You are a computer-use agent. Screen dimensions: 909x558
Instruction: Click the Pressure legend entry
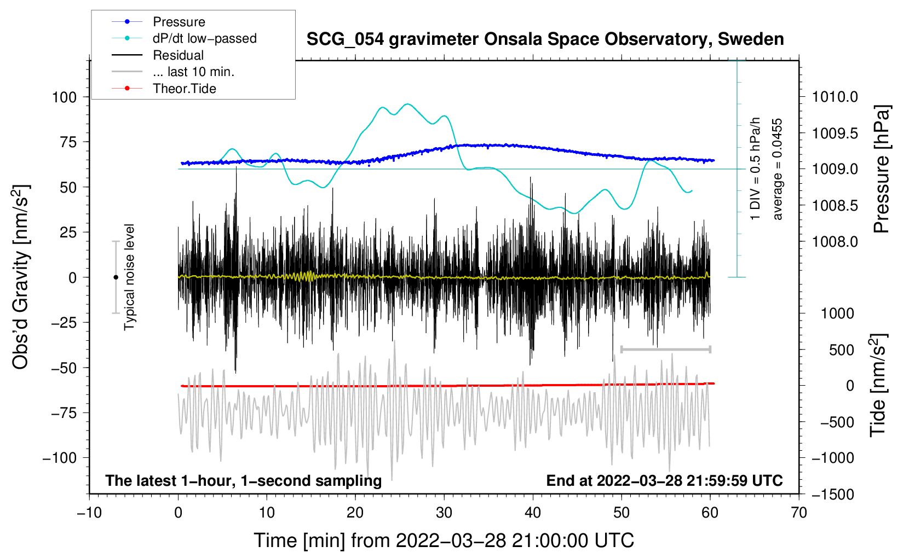click(158, 21)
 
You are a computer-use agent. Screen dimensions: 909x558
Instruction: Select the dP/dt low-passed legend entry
click(184, 38)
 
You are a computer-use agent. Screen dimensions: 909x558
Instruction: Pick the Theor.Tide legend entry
click(164, 89)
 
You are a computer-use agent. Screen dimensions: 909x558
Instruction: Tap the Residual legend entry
click(158, 55)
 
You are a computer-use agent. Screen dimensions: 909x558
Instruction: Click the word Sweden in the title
click(751, 39)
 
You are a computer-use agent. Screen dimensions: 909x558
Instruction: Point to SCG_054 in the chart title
click(345, 40)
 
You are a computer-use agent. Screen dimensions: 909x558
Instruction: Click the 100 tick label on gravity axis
click(64, 97)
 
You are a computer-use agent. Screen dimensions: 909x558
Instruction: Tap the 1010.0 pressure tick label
click(835, 97)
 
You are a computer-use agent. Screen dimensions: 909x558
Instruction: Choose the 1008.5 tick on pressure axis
click(835, 205)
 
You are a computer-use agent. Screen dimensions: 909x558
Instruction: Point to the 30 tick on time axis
click(444, 513)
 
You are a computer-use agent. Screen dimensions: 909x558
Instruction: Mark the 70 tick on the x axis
click(798, 513)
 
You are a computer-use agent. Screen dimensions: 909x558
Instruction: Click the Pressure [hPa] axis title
click(882, 169)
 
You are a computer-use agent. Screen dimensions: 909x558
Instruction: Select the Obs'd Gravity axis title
click(20, 277)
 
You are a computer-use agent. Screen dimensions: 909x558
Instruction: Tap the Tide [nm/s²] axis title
click(878, 385)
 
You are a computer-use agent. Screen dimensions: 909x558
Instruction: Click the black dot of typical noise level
click(116, 277)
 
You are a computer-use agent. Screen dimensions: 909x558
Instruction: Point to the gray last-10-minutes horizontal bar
click(665, 349)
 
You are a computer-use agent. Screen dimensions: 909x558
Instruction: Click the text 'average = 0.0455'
click(776, 169)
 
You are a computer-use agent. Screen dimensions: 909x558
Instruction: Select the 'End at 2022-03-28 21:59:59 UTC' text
click(664, 480)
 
